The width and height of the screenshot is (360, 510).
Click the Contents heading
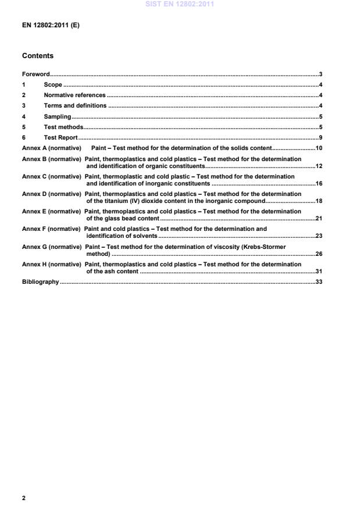pos(37,56)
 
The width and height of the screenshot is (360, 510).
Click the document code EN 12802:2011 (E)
pos(51,26)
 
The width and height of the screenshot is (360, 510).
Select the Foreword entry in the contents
pos(35,74)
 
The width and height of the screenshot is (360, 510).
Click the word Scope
pos(53,85)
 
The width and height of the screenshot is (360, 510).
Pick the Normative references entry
pos(74,95)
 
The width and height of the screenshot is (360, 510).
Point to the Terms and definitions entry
pos(75,106)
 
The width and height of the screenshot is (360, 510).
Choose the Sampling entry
pos(57,116)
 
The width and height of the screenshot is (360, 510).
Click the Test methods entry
pos(63,127)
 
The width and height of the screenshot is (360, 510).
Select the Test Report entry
pos(61,138)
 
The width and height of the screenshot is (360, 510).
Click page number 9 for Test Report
pos(320,138)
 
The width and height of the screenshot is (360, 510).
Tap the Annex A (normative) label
pos(51,148)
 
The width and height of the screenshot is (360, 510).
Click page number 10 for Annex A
pos(318,148)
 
